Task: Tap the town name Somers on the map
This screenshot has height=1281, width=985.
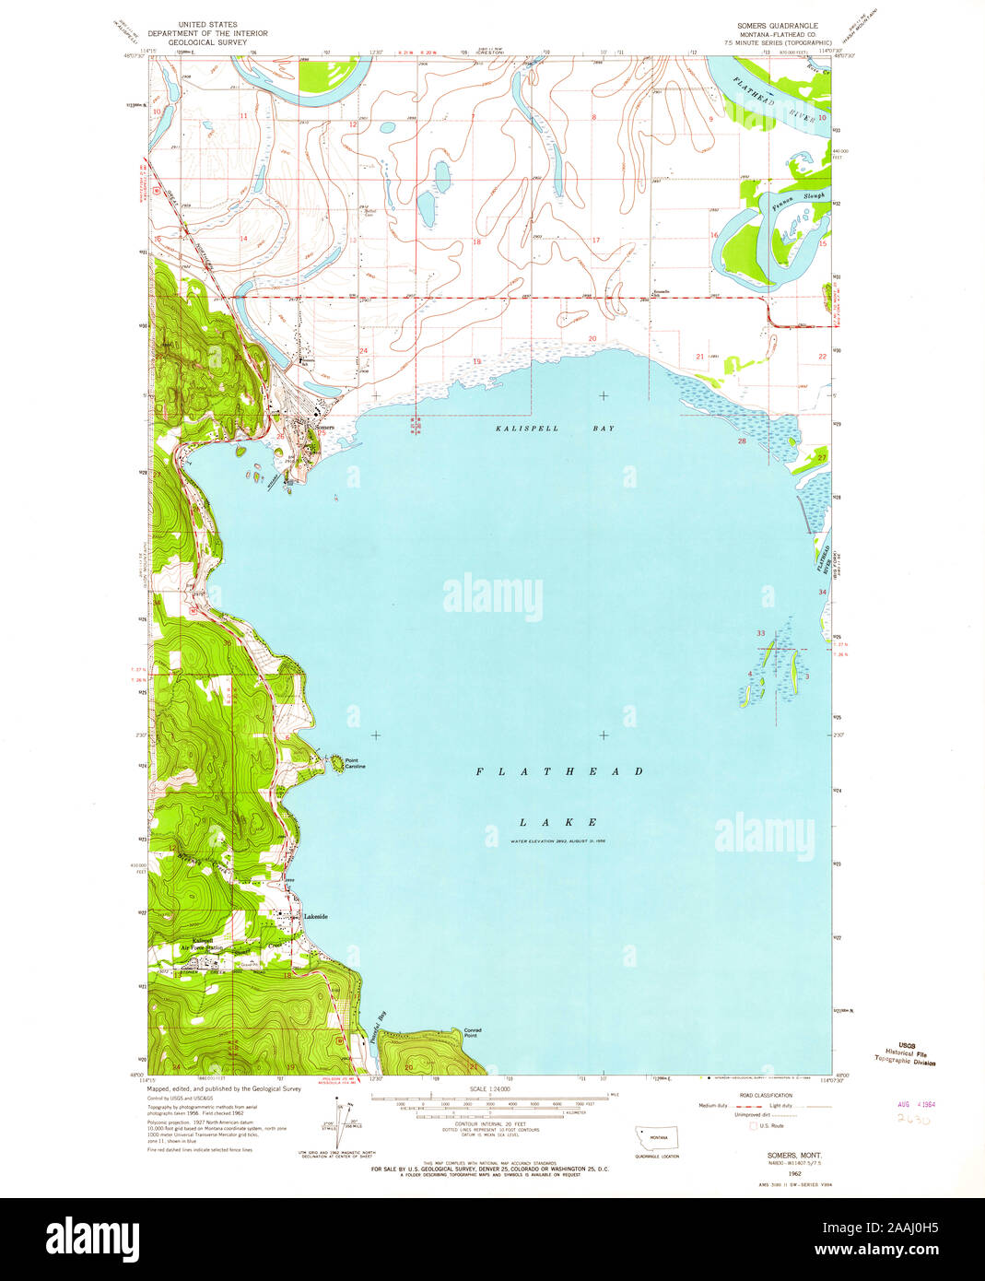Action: click(x=323, y=429)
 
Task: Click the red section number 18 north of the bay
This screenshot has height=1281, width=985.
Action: click(x=476, y=242)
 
